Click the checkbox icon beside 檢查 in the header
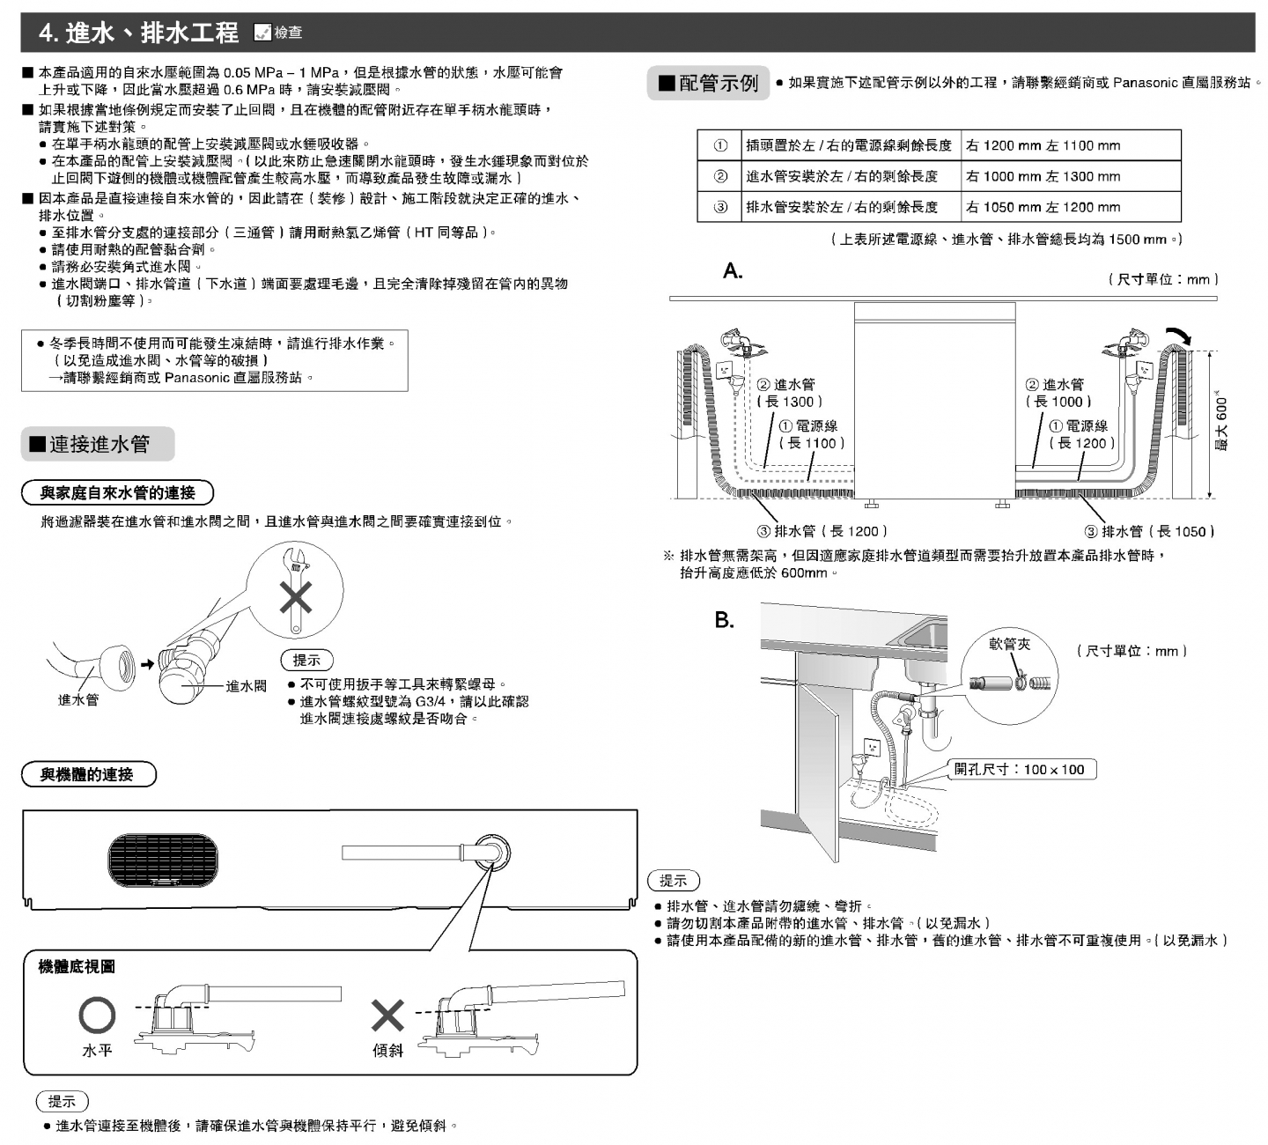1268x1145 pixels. point(262,33)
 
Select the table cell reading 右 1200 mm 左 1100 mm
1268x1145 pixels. point(1071,145)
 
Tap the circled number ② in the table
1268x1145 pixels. point(720,176)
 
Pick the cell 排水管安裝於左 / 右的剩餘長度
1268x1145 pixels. point(851,207)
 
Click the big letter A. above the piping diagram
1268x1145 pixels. point(733,270)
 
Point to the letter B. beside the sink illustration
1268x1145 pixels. point(724,620)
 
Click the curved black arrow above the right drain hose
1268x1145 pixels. point(1179,335)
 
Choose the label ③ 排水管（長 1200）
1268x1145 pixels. point(822,531)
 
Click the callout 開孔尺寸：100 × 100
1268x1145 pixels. point(1022,770)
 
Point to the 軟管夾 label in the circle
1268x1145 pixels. point(1009,644)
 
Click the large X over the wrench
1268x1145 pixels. point(296,597)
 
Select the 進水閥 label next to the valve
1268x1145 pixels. point(246,686)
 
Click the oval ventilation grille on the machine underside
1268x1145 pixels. point(163,860)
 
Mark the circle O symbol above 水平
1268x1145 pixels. point(97,1015)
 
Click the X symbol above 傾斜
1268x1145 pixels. point(387,1016)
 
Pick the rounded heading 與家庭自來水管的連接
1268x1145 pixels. point(118,492)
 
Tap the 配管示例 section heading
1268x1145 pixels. point(708,83)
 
